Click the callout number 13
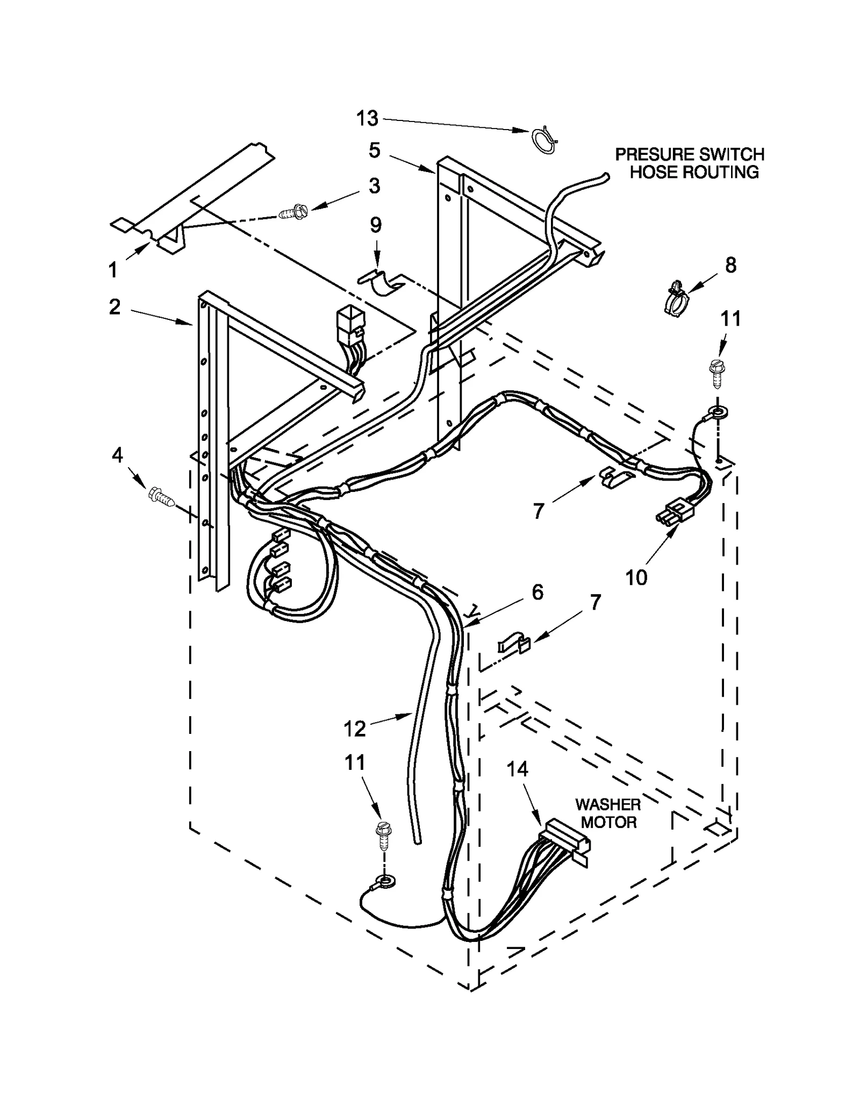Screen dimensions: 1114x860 pyautogui.click(x=368, y=118)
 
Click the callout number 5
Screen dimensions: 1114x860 pyautogui.click(x=375, y=150)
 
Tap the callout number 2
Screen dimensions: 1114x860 pyautogui.click(x=114, y=307)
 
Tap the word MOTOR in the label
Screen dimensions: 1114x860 pyautogui.click(x=608, y=822)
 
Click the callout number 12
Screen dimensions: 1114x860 pyautogui.click(x=354, y=729)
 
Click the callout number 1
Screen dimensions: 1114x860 pyautogui.click(x=113, y=269)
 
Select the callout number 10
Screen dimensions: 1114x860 pyautogui.click(x=636, y=578)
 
